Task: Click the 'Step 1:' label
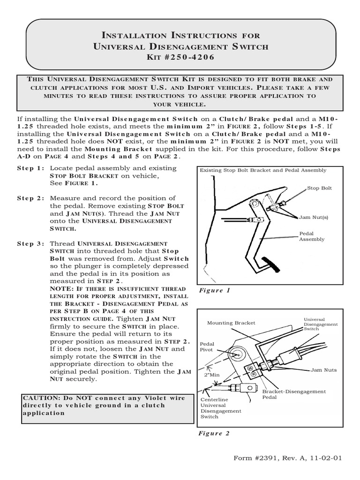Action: point(31,168)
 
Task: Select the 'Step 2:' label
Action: point(31,198)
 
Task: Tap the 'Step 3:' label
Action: point(31,244)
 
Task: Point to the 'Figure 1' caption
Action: point(214,291)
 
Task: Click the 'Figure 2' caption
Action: point(214,433)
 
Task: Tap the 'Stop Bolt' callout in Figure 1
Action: point(319,188)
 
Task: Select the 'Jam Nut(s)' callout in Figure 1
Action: point(315,217)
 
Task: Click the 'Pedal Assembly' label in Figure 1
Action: point(312,236)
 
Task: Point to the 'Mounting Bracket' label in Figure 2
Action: point(231,322)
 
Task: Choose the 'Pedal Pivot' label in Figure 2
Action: point(207,347)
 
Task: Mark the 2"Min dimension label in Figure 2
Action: point(212,375)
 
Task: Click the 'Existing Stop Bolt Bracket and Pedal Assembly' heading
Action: point(263,170)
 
